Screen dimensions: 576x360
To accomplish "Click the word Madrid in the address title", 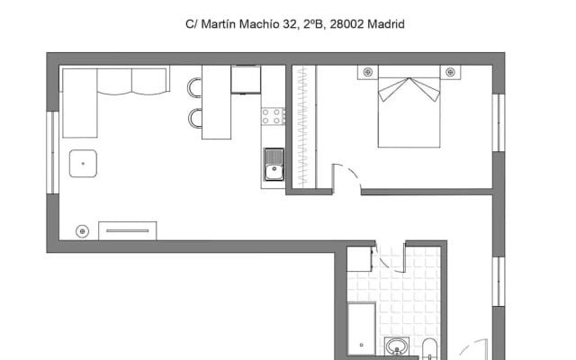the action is click(386, 24).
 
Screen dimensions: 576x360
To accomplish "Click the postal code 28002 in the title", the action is click(346, 24).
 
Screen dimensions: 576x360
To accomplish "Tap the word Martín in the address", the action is click(219, 24).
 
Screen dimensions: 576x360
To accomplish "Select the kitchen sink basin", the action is click(274, 165).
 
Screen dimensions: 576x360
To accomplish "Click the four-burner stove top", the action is click(274, 116).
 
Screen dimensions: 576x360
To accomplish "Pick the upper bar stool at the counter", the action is click(194, 88).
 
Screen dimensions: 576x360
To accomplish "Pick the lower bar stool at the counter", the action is click(195, 118).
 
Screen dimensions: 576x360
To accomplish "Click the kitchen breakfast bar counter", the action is click(216, 102).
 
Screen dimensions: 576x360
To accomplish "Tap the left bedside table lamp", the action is click(368, 72).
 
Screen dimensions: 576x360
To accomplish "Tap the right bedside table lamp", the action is click(450, 72).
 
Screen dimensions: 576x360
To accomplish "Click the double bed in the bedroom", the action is click(409, 106).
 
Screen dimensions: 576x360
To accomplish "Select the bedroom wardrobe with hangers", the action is click(304, 127).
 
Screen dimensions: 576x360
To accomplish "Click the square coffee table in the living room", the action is click(83, 164).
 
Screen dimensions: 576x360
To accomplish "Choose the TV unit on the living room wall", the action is click(128, 231).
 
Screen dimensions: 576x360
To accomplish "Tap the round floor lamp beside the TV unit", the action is click(82, 231).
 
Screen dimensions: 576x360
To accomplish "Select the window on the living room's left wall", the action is click(52, 152).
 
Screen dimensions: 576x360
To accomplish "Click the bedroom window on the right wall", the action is click(499, 122).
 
